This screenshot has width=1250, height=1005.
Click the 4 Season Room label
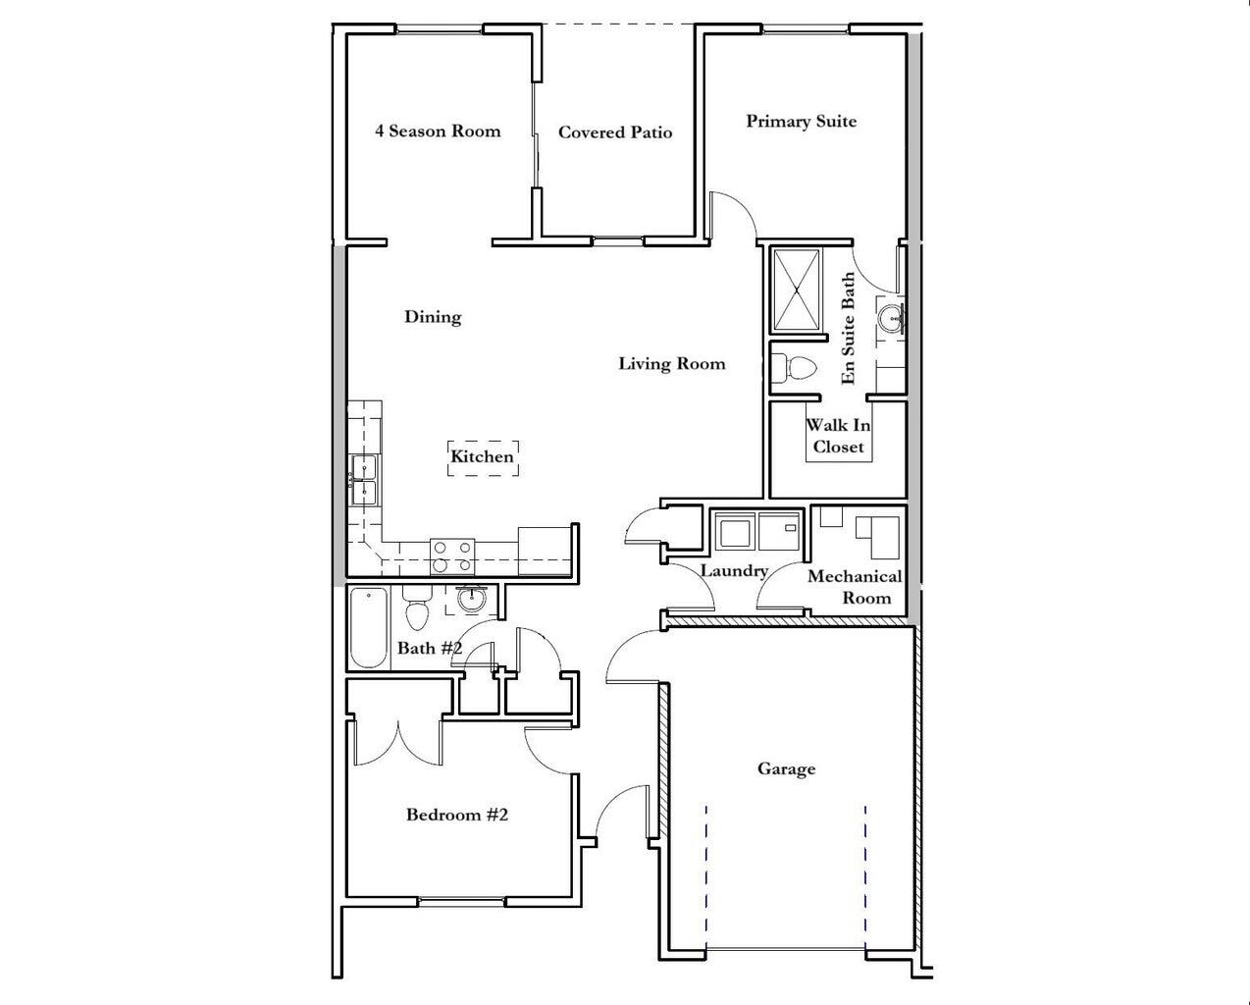click(x=438, y=131)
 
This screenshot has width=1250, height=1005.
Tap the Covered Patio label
click(x=615, y=132)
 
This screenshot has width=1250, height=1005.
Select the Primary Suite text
click(x=801, y=121)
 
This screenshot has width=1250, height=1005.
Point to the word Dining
click(x=433, y=316)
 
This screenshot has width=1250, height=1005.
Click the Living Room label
click(x=671, y=363)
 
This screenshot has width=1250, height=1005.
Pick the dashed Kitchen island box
click(x=483, y=457)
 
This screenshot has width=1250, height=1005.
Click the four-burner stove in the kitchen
click(x=453, y=556)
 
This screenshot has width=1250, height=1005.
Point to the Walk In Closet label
click(x=838, y=436)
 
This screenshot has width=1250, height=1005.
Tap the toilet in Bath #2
click(x=417, y=608)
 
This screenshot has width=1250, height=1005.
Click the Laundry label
click(x=733, y=570)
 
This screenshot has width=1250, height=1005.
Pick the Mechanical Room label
click(x=855, y=587)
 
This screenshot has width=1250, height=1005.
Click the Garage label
click(x=786, y=768)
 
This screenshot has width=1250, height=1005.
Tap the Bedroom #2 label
click(x=456, y=815)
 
